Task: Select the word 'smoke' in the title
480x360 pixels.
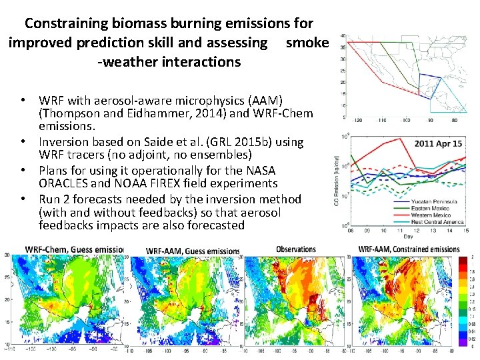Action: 307,43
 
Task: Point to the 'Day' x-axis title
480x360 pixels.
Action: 407,237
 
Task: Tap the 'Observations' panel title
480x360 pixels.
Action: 295,249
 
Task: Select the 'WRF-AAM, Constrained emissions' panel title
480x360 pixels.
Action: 409,249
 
